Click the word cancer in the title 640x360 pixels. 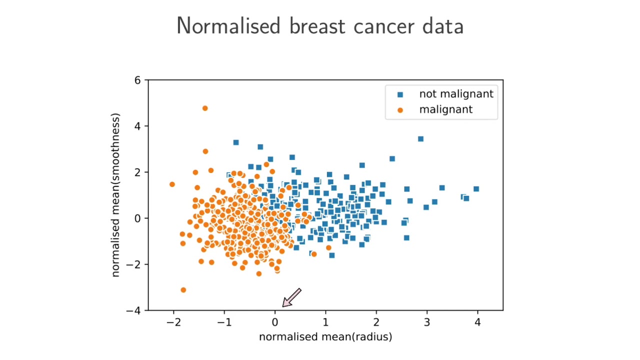(385, 26)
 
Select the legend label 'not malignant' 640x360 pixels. (456, 94)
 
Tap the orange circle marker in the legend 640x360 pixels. (400, 110)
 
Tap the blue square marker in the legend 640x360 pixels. (400, 94)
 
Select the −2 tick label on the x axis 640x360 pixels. (173, 322)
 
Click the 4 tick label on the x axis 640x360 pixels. (477, 322)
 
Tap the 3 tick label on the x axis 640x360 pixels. (427, 322)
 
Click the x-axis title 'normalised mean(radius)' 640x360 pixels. (325, 337)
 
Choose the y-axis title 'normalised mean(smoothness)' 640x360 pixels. (115, 195)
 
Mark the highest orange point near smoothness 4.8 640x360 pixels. (205, 108)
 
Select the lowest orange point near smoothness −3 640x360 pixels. (183, 290)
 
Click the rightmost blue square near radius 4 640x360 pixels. (476, 189)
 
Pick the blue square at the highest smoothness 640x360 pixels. (421, 139)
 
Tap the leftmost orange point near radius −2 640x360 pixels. (172, 184)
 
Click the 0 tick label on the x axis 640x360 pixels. (275, 322)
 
